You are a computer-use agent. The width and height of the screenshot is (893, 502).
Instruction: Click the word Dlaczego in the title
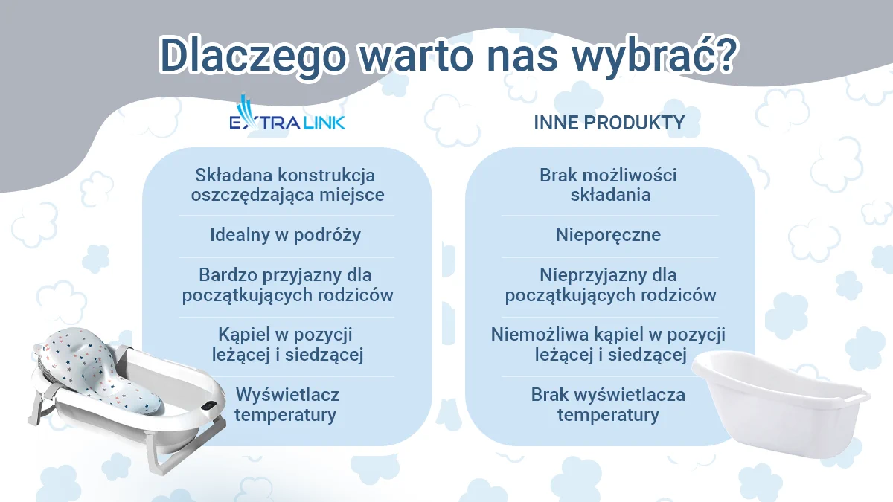click(253, 56)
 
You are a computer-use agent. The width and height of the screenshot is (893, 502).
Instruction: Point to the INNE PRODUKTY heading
click(609, 123)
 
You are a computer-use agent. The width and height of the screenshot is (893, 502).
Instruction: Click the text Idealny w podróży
click(286, 235)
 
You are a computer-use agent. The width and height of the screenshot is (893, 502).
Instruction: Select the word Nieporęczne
click(609, 235)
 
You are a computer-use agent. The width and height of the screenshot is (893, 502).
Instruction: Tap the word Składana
click(233, 176)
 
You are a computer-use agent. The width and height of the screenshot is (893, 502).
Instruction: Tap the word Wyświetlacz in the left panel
click(287, 395)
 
